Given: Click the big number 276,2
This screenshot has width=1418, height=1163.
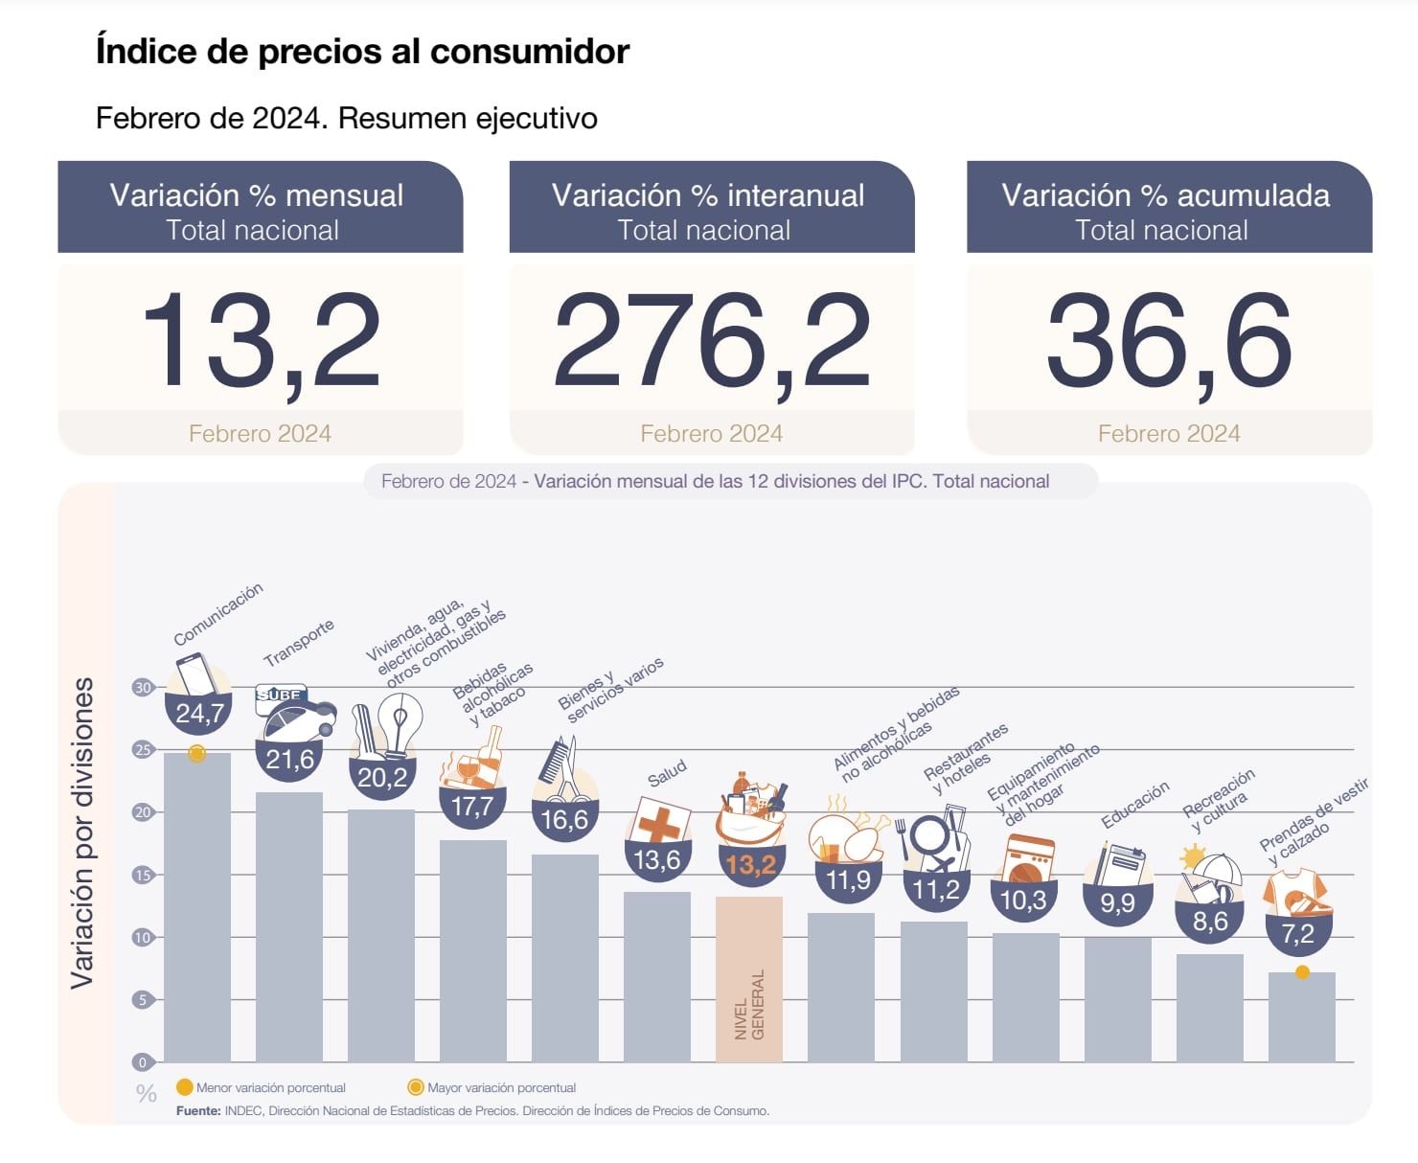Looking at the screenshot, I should point(711,342).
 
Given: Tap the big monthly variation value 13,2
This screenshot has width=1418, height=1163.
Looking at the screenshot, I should point(260,342).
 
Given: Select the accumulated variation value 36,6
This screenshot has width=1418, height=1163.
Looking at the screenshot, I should point(1169,342).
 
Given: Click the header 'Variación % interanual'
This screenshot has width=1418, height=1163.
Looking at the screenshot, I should point(708,195).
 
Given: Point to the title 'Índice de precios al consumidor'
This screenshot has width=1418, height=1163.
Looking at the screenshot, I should point(362,51).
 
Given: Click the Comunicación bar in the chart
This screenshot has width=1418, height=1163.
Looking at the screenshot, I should point(197,910).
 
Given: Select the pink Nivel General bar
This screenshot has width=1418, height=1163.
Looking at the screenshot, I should point(749,977).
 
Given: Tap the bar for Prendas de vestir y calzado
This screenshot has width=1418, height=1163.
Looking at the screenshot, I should point(1301,1017).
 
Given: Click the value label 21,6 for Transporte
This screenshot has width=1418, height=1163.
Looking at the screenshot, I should point(289,760).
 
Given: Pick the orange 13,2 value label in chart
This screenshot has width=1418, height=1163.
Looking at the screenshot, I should point(750,865).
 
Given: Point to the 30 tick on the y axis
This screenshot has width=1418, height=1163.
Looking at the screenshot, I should point(143,688).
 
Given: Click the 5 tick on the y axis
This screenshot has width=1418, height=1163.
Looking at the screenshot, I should point(143,1000).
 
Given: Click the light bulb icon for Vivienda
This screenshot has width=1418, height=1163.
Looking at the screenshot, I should point(400,721).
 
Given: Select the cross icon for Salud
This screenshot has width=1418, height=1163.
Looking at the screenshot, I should point(658,823).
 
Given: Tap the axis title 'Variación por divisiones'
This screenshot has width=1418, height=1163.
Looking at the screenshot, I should point(83,833).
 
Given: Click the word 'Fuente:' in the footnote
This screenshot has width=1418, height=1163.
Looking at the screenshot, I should point(198,1111).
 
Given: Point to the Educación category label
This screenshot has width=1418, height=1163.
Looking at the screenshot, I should point(1135,805).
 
